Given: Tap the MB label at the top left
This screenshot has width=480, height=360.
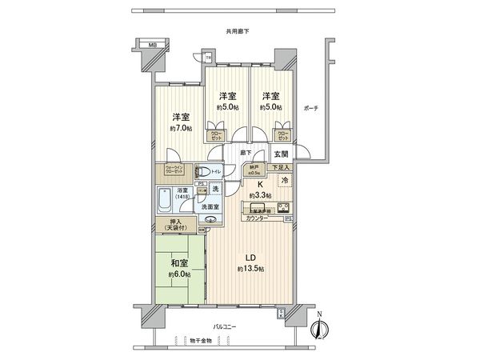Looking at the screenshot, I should pos(151,46).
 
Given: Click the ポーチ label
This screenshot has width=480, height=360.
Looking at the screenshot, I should pos(312,109).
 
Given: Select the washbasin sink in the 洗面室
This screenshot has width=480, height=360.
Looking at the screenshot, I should pos(212,222).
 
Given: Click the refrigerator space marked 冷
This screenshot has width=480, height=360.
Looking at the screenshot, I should pos(286,181).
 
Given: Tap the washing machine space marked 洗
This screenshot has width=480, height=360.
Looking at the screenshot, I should pos(215,189).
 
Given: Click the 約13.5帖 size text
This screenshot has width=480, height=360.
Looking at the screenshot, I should pos(251,269).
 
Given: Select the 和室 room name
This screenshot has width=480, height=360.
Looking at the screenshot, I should pos(178,261).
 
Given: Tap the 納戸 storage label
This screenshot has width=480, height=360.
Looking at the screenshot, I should pos(254,169).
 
